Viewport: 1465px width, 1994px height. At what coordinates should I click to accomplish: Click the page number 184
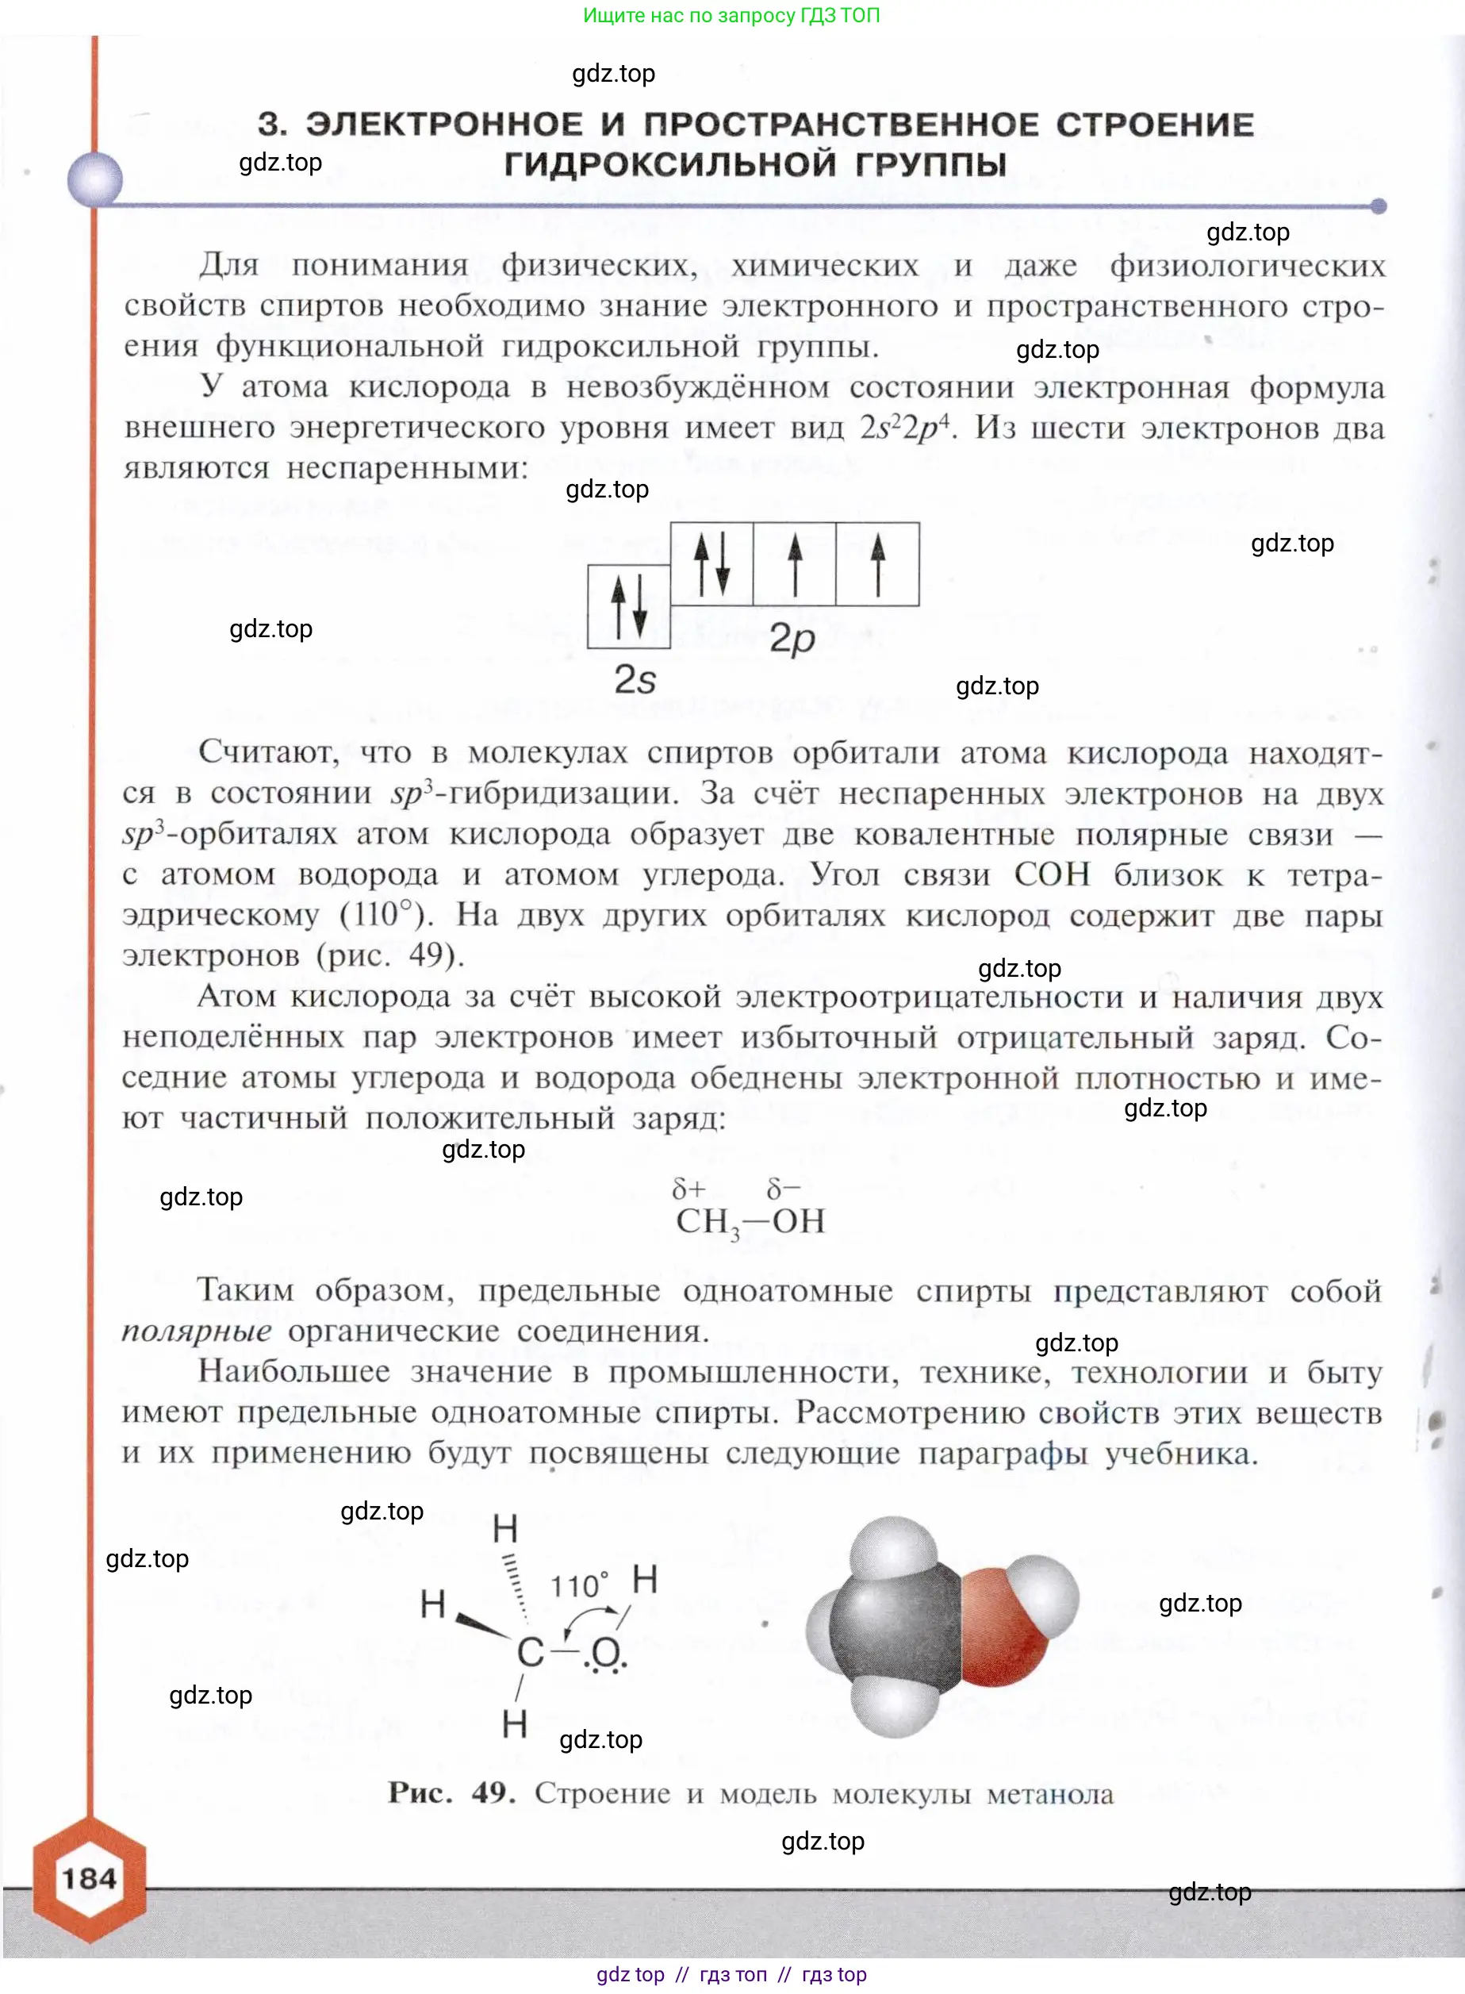pyautogui.click(x=89, y=1878)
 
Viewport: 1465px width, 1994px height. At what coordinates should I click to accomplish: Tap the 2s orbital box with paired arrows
pyautogui.click(x=629, y=607)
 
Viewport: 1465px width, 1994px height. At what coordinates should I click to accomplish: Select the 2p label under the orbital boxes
pyautogui.click(x=791, y=638)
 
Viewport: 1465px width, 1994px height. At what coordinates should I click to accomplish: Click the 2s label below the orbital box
pyautogui.click(x=635, y=680)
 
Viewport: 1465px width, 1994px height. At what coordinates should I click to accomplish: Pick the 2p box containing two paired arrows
pyautogui.click(x=711, y=564)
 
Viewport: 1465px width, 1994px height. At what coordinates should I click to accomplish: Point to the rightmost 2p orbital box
pyautogui.click(x=877, y=564)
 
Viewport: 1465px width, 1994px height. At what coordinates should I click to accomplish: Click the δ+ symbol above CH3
pyautogui.click(x=688, y=1189)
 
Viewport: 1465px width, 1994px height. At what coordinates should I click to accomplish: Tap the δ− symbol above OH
pyautogui.click(x=783, y=1189)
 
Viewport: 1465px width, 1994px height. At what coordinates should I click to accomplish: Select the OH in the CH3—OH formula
pyautogui.click(x=798, y=1221)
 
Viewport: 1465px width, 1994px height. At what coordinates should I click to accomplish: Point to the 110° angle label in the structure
pyautogui.click(x=579, y=1586)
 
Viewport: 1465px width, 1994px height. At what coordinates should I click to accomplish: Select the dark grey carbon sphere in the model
pyautogui.click(x=895, y=1627)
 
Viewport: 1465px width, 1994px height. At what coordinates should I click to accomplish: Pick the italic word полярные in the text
pyautogui.click(x=196, y=1331)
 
